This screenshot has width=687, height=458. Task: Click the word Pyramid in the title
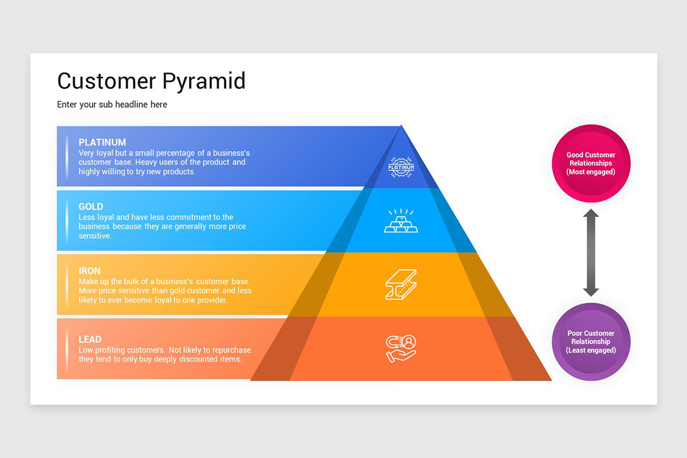[204, 81]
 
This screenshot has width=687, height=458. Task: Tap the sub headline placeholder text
[112, 105]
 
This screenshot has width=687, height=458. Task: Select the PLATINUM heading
[102, 143]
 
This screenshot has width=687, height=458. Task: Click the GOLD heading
[91, 207]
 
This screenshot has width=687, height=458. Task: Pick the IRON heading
[90, 271]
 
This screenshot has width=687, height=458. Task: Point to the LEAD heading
[90, 339]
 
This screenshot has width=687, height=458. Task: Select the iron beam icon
[401, 285]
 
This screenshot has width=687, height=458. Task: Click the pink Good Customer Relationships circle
[591, 163]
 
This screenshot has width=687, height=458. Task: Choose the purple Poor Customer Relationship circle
[591, 342]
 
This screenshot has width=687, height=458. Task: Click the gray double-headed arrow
[591, 252]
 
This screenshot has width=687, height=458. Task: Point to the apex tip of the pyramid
[401, 126]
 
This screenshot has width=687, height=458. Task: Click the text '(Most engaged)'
[591, 172]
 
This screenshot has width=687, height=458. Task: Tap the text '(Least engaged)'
[591, 350]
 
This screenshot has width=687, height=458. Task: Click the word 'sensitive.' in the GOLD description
[94, 236]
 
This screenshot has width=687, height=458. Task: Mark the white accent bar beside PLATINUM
[66, 156]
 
